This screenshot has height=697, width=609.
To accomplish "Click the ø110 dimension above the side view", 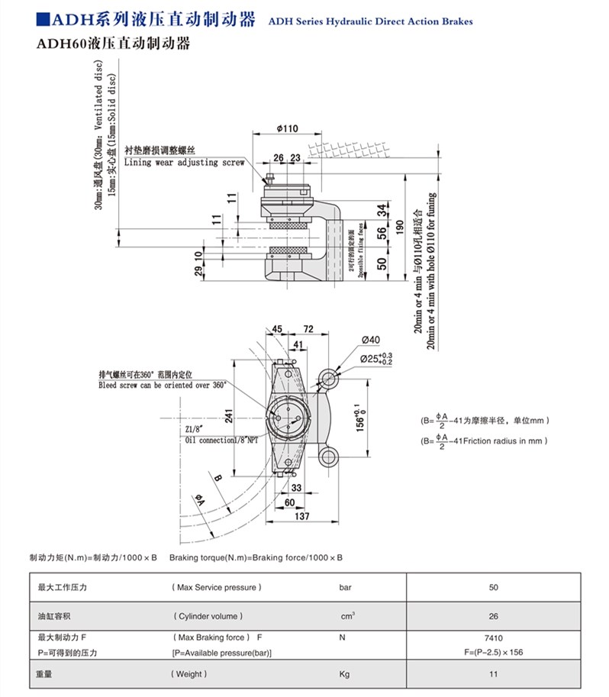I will [286, 129].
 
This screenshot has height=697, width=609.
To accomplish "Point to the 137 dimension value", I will [301, 517].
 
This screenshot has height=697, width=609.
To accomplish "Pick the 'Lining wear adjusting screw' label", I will [183, 162].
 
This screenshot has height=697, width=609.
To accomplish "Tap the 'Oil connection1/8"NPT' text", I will [227, 440].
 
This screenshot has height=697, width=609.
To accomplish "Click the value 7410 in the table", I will [494, 637].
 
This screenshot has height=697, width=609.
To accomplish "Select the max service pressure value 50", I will [494, 587].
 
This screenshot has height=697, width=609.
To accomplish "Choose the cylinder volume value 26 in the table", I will [494, 615].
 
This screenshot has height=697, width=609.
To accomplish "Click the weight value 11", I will [494, 674].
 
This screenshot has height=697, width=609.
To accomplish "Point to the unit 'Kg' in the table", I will [343, 674].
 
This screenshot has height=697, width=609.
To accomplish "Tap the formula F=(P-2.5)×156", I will [494, 652].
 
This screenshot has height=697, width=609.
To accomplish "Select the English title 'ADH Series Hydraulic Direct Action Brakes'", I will [370, 21].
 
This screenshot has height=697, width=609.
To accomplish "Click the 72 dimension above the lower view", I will [309, 329].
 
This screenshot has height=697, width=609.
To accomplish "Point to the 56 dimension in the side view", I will [382, 234].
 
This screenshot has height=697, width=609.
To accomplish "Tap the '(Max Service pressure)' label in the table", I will [217, 587].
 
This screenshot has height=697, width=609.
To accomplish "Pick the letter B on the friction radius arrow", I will [217, 478].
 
